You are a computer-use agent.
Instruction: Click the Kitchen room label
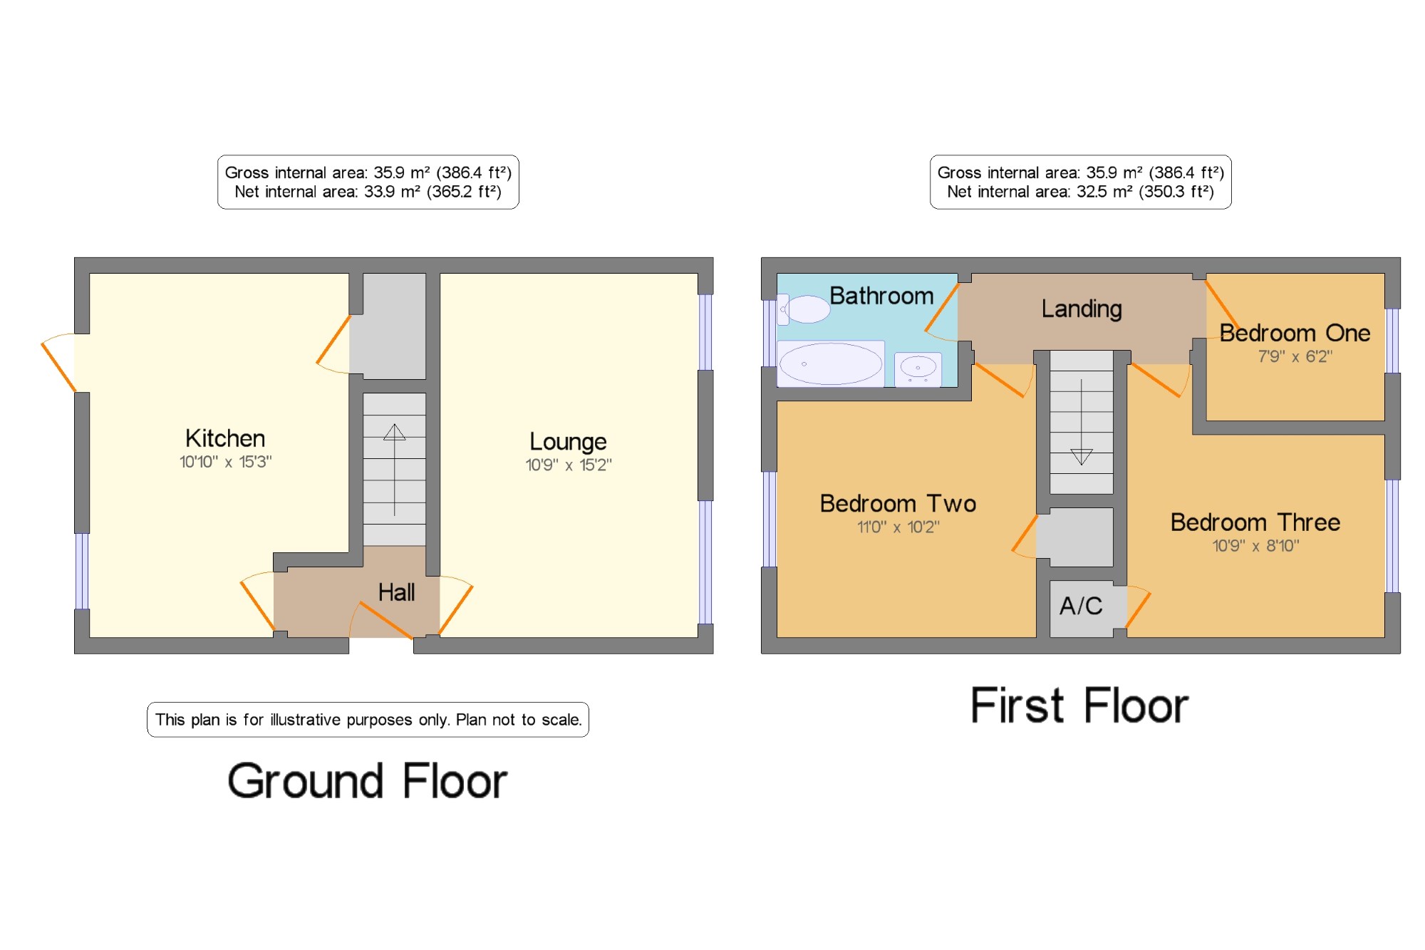225,438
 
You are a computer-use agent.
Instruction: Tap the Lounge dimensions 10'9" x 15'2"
569,465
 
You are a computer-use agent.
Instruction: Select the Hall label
396,592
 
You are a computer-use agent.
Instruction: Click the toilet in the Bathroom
804,309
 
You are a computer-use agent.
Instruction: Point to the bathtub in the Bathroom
831,363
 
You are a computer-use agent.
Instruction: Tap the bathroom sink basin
918,368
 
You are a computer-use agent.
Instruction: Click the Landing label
1082,309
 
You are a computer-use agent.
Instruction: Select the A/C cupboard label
1081,606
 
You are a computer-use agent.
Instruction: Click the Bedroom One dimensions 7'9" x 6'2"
1295,356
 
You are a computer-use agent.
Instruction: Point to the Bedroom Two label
898,504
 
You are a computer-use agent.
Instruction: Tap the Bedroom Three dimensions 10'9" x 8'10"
1256,546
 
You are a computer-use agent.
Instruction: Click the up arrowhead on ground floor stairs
395,432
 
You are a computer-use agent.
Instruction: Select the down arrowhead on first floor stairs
1082,457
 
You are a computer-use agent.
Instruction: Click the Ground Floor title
368,781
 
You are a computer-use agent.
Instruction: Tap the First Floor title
1079,706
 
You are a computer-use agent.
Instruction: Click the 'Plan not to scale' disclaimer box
368,720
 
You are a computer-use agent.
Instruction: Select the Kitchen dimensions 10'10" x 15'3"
225,462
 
